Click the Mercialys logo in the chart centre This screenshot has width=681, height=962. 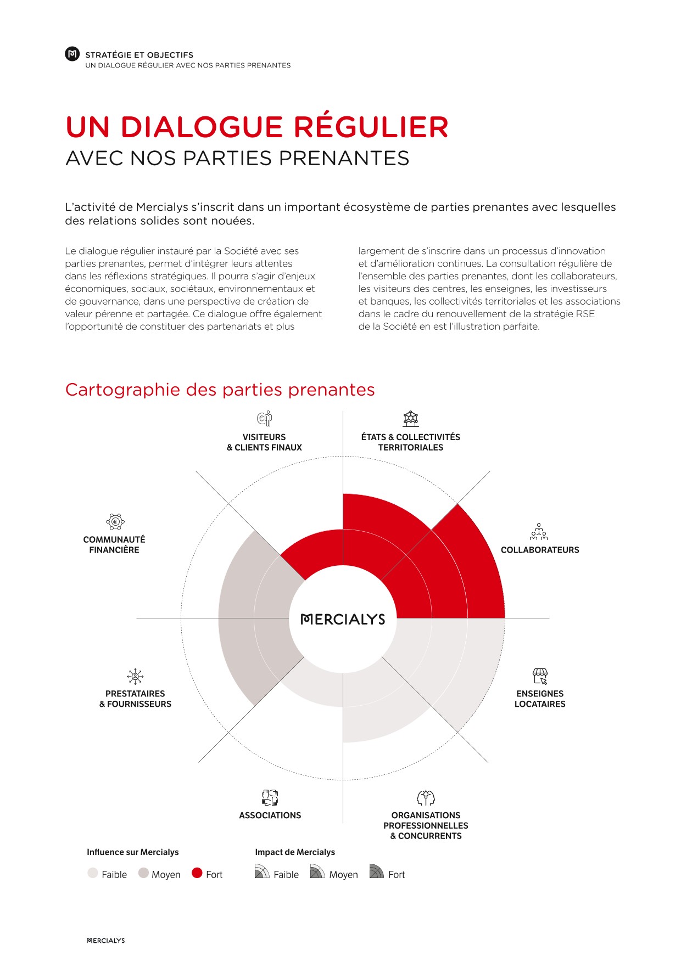point(343,619)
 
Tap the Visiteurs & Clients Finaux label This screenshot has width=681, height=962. point(264,442)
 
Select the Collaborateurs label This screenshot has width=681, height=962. point(540,550)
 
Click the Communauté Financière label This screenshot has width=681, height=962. point(114,545)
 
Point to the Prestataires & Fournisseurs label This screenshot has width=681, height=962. point(135,699)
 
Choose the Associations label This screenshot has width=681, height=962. point(270,815)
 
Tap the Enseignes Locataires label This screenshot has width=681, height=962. point(540,699)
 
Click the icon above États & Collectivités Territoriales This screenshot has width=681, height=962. point(410,419)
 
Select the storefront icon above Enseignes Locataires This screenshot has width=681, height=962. point(540,676)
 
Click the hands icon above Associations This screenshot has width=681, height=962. point(270,797)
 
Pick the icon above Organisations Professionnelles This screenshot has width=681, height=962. point(426,797)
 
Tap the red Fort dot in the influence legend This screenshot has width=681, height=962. point(197,873)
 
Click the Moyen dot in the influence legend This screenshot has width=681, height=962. point(143,873)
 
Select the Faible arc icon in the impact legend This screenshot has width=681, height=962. point(262,871)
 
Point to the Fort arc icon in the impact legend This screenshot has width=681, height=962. point(376,871)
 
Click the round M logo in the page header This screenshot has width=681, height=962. point(72,54)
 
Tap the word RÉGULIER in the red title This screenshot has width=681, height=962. point(371,127)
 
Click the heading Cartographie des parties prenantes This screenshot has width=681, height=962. point(220,390)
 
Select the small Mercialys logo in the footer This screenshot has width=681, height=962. point(106,941)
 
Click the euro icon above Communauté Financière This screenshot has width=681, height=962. point(115,521)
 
